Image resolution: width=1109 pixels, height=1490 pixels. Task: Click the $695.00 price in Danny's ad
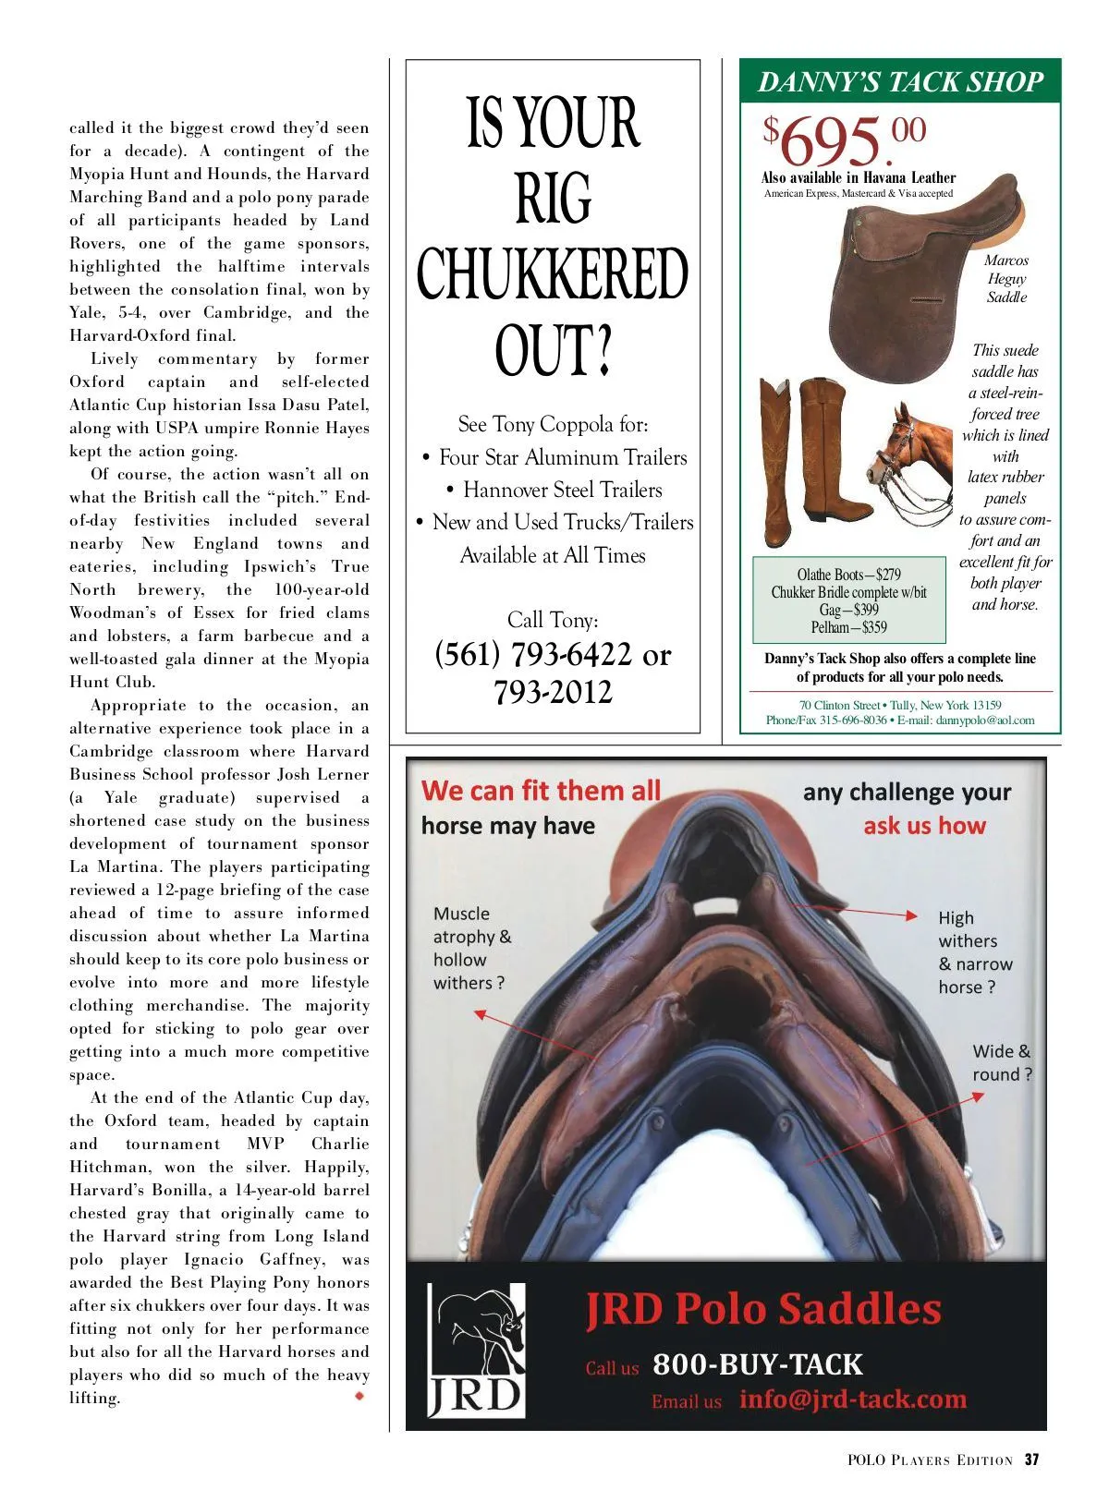pos(844,139)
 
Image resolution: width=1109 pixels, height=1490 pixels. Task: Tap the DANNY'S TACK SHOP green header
pos(900,82)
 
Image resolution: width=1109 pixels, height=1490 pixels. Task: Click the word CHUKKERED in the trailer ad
pos(552,274)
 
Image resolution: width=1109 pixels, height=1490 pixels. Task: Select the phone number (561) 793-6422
pos(533,655)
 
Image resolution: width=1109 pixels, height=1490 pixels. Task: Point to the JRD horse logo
pos(477,1351)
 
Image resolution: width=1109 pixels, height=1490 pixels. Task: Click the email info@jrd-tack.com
pos(852,1399)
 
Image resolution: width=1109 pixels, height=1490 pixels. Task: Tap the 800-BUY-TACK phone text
pos(757,1364)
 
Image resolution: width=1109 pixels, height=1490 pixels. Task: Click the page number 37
pos(1031,1460)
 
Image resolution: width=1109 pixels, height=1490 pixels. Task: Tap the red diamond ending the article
pos(360,1397)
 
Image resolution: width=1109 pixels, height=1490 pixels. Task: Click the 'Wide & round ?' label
pos(1002,1063)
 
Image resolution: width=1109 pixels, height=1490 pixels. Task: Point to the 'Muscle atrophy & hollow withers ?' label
pos(471,949)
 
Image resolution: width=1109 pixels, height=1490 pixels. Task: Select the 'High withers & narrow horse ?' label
pos(975,952)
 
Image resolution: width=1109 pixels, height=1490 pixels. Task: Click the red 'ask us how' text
pos(924,826)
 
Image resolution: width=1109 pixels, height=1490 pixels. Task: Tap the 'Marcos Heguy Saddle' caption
pos(1006,279)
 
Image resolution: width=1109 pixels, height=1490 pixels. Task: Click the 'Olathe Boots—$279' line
pos(848,575)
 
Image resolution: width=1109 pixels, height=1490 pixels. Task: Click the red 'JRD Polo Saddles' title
pos(763,1310)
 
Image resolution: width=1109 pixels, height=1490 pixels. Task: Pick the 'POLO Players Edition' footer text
pos(930,1460)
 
